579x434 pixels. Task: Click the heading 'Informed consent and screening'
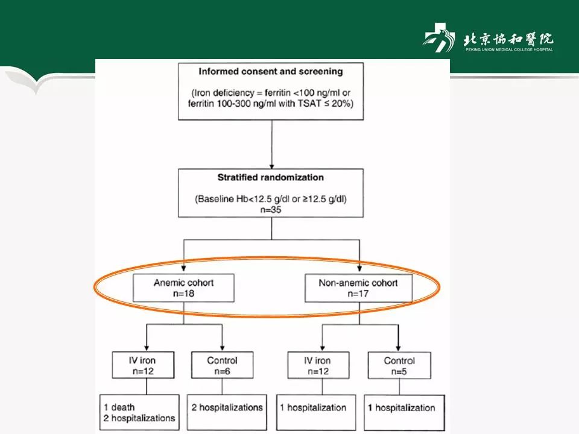(x=271, y=71)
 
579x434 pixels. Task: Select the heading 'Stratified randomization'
(x=271, y=177)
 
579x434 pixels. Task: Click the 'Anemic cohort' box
(x=184, y=288)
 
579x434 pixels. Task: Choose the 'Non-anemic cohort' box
(x=358, y=288)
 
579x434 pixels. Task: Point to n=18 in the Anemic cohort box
(x=184, y=295)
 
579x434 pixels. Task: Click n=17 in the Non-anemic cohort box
(x=358, y=295)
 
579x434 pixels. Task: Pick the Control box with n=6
(x=221, y=366)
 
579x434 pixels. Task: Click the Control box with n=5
(x=399, y=366)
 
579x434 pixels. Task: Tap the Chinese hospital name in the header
(x=508, y=39)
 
